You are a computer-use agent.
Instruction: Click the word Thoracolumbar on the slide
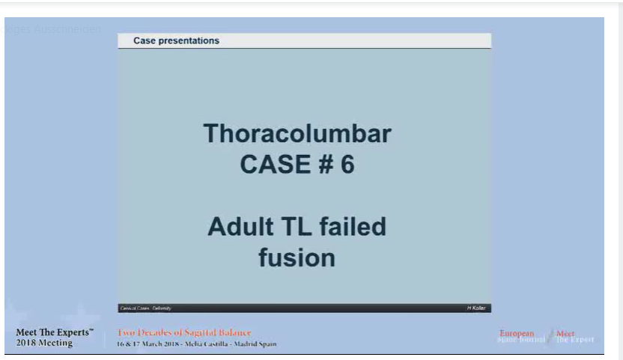(x=297, y=134)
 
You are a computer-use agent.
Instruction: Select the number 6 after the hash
(x=347, y=165)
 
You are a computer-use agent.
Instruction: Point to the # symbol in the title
(x=324, y=165)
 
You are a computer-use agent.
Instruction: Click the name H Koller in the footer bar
(x=477, y=308)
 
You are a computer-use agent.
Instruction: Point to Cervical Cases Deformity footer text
(x=146, y=308)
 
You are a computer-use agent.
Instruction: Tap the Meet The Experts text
(x=55, y=332)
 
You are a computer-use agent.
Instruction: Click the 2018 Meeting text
(x=44, y=343)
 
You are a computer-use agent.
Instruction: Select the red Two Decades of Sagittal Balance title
(x=184, y=332)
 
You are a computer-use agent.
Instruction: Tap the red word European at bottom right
(x=517, y=333)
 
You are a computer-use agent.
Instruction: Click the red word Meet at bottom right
(x=565, y=333)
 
